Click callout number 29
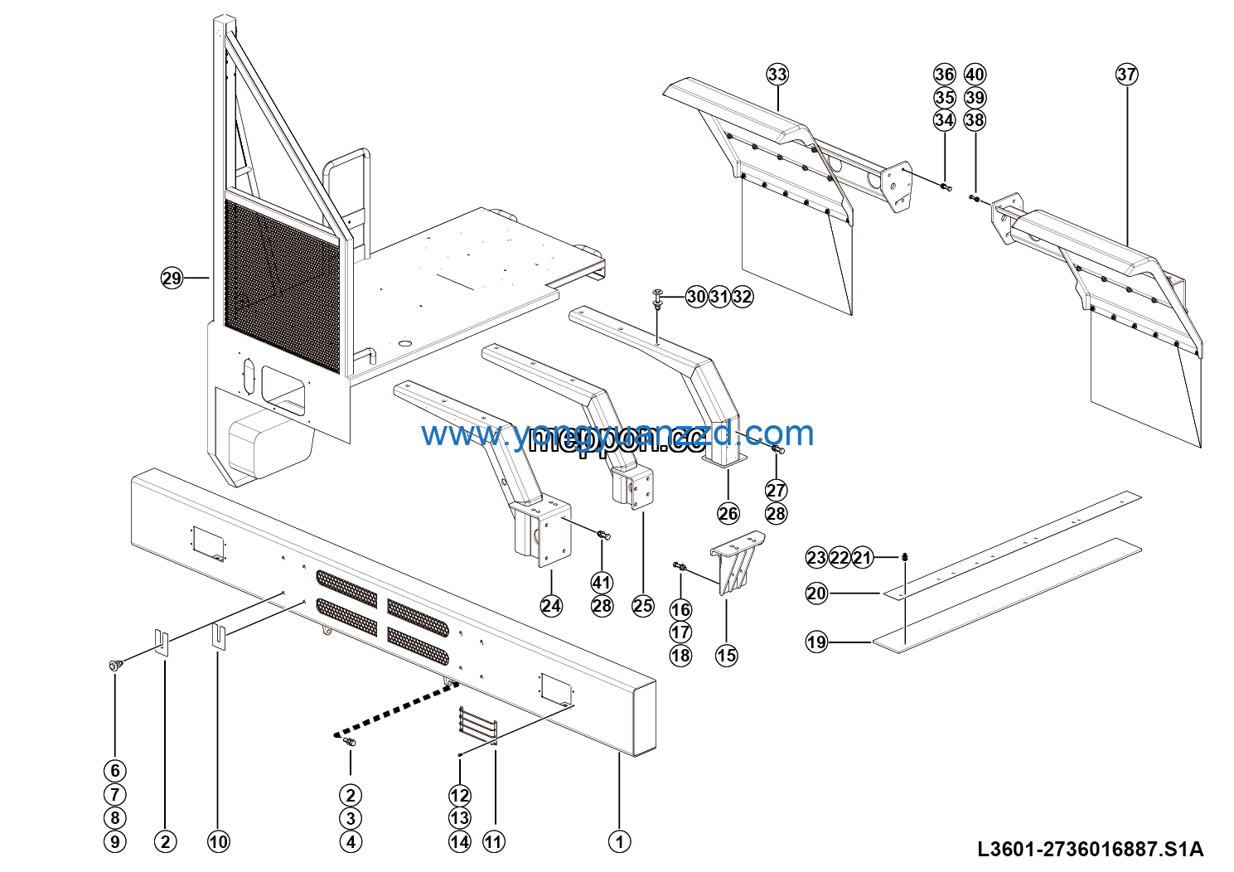tap(172, 279)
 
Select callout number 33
tap(777, 75)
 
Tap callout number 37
tap(1126, 75)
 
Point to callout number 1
tap(619, 841)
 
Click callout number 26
tap(728, 514)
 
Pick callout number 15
tap(726, 656)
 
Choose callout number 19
tap(816, 642)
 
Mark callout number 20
tap(816, 593)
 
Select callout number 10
tap(218, 841)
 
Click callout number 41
tap(602, 583)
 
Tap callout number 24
tap(551, 606)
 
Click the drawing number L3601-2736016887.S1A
tap(1090, 849)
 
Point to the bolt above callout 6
tap(114, 665)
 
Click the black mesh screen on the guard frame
tap(282, 286)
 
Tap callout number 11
tap(493, 841)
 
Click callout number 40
tap(975, 75)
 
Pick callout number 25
tap(643, 606)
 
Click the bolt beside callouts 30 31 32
tap(658, 298)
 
